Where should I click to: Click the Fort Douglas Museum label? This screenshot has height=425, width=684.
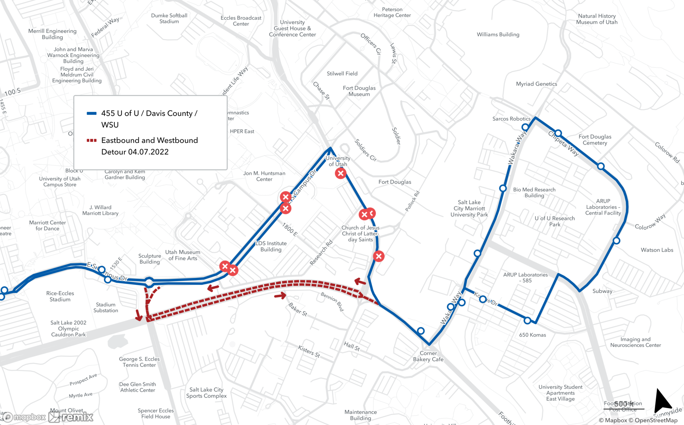[x=359, y=91]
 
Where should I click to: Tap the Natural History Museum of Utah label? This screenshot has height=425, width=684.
[x=597, y=19]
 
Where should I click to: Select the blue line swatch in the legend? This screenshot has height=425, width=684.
[x=92, y=114]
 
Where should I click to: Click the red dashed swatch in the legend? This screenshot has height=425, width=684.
[x=92, y=140]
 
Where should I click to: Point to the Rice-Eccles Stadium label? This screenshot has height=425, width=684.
[x=60, y=296]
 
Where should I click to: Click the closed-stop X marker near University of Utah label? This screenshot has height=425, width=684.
[x=341, y=173]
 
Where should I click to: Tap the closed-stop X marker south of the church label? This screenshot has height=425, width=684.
[x=379, y=256]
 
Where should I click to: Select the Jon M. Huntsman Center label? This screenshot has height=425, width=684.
[x=264, y=176]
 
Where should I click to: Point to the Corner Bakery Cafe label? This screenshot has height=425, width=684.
[x=428, y=356]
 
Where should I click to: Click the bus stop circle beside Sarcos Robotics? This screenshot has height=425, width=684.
[x=525, y=127]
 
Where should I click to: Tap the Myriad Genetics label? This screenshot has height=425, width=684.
[x=536, y=84]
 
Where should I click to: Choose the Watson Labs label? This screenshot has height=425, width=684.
[x=657, y=250]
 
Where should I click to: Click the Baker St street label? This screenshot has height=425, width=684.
[x=298, y=309]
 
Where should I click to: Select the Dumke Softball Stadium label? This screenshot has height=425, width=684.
[x=169, y=18]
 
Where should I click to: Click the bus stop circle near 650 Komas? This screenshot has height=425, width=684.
[x=527, y=320]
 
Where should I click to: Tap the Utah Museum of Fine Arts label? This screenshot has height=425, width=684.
[x=183, y=255]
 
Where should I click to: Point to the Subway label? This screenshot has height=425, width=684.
[x=602, y=291]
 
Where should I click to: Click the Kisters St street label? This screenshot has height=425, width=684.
[x=309, y=351]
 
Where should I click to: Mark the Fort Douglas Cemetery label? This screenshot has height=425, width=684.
[x=595, y=140]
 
